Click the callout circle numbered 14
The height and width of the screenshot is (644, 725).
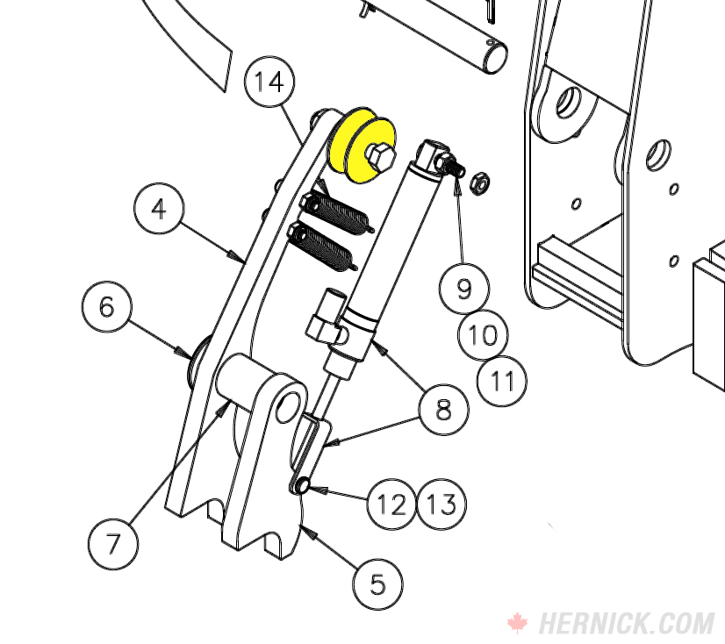pyautogui.click(x=269, y=82)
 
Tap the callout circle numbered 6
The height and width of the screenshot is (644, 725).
pyautogui.click(x=106, y=307)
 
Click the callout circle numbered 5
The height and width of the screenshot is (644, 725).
pyautogui.click(x=378, y=584)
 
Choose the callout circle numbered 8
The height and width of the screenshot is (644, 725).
pyautogui.click(x=444, y=409)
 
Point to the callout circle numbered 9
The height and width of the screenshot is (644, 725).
pyautogui.click(x=463, y=287)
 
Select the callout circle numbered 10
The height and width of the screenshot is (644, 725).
pyautogui.click(x=483, y=334)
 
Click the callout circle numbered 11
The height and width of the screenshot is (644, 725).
pyautogui.click(x=502, y=381)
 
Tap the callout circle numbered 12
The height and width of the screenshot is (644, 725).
pyautogui.click(x=391, y=504)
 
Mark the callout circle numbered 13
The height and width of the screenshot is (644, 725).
pyautogui.click(x=442, y=504)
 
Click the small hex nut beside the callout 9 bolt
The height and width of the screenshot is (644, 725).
pyautogui.click(x=479, y=184)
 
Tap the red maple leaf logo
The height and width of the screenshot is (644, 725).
pyautogui.click(x=517, y=623)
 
